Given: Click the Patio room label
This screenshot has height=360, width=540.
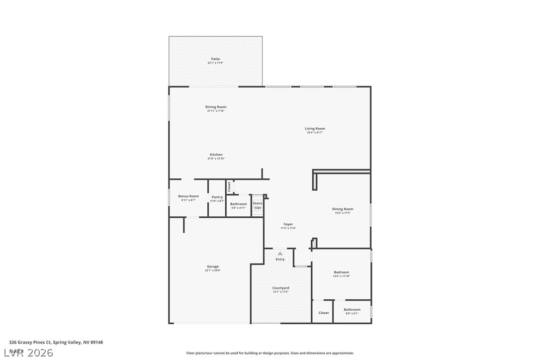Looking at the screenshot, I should click(215, 59).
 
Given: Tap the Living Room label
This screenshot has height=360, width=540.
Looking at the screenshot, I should click(315, 129).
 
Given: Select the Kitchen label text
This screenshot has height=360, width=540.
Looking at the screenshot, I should click(216, 155).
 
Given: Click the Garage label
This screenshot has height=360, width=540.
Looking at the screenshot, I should click(213, 267).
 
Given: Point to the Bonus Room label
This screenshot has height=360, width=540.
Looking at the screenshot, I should click(188, 196).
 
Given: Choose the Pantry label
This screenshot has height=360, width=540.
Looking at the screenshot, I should click(217, 197).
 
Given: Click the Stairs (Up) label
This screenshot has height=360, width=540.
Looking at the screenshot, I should click(258, 205).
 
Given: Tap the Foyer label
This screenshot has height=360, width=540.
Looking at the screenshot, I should click(288, 224).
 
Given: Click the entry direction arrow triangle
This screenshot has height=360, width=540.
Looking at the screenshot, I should click(280, 254).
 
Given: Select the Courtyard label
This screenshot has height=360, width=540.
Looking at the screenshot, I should click(280, 288).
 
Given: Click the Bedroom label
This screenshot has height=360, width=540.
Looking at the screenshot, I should click(341, 272).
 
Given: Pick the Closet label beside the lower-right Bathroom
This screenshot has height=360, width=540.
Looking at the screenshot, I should click(324, 313).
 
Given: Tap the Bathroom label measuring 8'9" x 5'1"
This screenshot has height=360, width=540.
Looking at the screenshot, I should click(352, 310).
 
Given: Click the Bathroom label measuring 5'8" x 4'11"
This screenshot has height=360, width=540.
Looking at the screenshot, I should click(239, 204).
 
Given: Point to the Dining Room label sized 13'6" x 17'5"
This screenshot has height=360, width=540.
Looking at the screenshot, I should click(343, 209).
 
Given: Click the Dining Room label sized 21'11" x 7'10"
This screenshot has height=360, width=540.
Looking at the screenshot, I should click(216, 107).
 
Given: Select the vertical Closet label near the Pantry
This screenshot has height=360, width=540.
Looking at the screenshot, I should click(229, 186).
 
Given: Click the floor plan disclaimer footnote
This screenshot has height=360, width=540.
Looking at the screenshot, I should click(270, 353).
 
